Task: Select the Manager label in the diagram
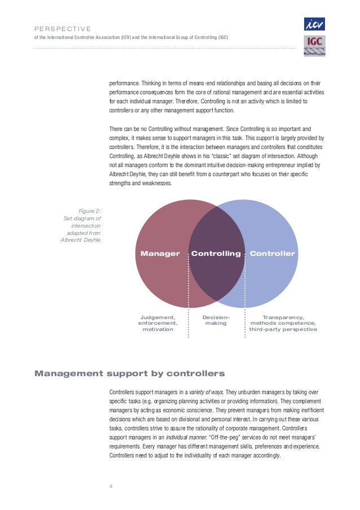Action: [x=160, y=254]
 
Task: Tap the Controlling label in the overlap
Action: [x=216, y=254]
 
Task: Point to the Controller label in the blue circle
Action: [x=272, y=254]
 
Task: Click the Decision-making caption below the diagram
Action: [x=216, y=321]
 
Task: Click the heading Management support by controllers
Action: [x=130, y=373]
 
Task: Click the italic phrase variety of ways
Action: [x=206, y=391]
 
